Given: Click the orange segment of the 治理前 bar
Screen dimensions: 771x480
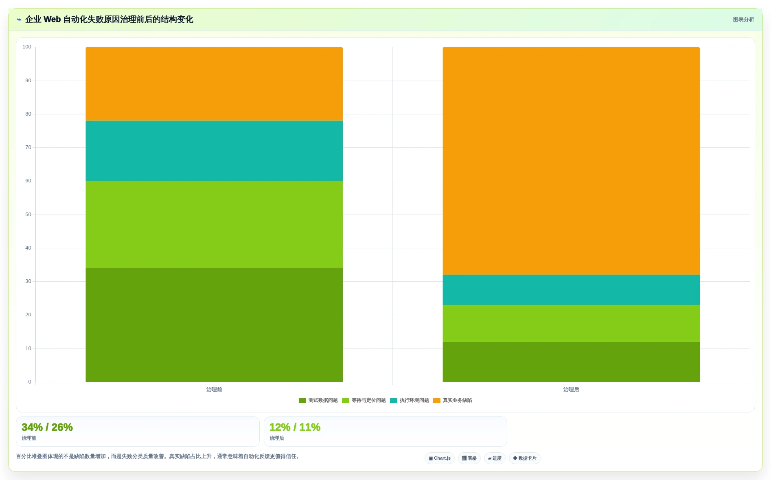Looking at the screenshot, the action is pyautogui.click(x=214, y=84).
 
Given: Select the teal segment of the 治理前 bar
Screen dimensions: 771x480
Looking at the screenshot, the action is pyautogui.click(x=214, y=151).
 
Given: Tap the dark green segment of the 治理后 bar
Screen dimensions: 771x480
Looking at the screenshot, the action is pyautogui.click(x=571, y=362).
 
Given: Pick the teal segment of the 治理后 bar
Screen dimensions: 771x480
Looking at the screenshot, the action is pyautogui.click(x=571, y=290).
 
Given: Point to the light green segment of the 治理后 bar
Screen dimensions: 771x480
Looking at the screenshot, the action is pyautogui.click(x=571, y=323).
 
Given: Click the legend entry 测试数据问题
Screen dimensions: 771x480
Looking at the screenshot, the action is pyautogui.click(x=318, y=401).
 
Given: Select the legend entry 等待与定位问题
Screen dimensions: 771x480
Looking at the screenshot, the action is pyautogui.click(x=364, y=401).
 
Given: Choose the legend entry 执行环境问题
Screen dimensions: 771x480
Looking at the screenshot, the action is pyautogui.click(x=410, y=401).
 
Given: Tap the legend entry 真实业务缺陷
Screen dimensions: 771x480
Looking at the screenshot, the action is pyautogui.click(x=453, y=401).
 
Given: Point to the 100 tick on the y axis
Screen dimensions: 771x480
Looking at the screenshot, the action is pyautogui.click(x=27, y=47).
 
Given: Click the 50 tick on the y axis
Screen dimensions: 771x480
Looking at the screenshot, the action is pyautogui.click(x=28, y=215).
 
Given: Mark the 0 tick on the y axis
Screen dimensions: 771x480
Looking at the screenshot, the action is pyautogui.click(x=30, y=382).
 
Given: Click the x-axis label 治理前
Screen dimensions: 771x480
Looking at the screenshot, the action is pyautogui.click(x=214, y=390).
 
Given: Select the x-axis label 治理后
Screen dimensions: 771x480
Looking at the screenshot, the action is pyautogui.click(x=571, y=390).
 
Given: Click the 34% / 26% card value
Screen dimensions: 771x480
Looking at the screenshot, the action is pyautogui.click(x=47, y=427).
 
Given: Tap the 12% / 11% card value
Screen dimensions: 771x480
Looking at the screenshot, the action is pyautogui.click(x=295, y=427).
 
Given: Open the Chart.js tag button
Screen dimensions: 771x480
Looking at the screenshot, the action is pyautogui.click(x=440, y=458).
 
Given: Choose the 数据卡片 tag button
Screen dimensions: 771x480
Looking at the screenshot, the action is pyautogui.click(x=525, y=458).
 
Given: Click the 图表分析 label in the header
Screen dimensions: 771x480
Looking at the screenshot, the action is pyautogui.click(x=743, y=20).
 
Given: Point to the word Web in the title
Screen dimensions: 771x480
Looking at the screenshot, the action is pyautogui.click(x=52, y=20).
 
